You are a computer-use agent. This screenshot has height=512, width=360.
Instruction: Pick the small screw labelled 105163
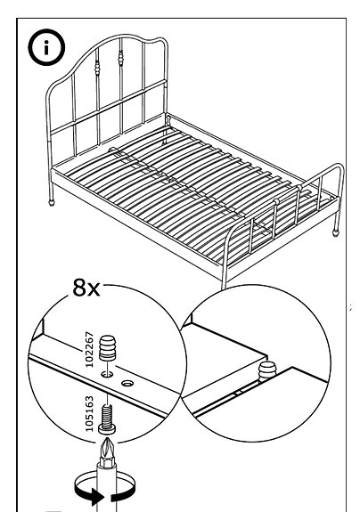107,416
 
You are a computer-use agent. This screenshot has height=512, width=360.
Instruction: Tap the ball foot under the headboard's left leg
52,202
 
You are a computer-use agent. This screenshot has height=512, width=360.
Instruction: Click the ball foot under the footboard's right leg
336,232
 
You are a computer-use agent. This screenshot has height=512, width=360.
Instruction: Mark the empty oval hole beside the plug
127,384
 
